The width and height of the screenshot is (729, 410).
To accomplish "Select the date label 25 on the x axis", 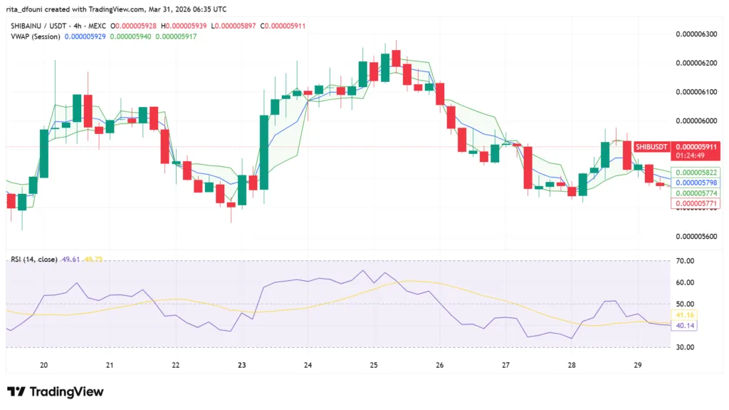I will click(x=374, y=365).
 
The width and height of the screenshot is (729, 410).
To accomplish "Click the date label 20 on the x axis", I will click(x=44, y=365).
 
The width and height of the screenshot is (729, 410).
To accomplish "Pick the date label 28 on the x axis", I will click(x=572, y=365).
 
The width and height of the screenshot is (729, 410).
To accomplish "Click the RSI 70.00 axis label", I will click(x=686, y=262).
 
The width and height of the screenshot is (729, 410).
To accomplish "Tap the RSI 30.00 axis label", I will click(x=686, y=347).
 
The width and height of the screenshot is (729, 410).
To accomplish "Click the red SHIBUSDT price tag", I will click(x=651, y=146).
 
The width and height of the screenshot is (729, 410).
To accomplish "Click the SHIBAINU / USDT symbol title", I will click(x=37, y=26).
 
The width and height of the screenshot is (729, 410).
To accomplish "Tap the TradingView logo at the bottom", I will click(x=56, y=391).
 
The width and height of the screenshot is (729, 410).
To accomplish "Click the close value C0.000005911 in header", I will click(x=284, y=26).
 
